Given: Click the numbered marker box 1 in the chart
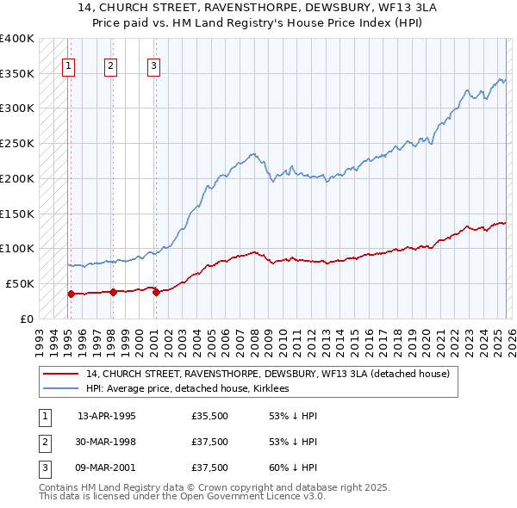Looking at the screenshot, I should [x=68, y=64].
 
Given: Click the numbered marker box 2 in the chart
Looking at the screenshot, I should [x=111, y=64].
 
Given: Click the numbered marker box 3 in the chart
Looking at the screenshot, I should [x=153, y=64].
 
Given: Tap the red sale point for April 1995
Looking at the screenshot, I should [x=72, y=294].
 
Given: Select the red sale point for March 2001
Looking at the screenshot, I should [x=156, y=292].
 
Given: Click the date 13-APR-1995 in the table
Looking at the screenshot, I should [x=106, y=416].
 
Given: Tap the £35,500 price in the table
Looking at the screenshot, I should [x=210, y=416].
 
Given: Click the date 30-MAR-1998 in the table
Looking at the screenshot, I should [x=107, y=442].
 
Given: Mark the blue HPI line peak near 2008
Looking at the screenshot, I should [x=254, y=153].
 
